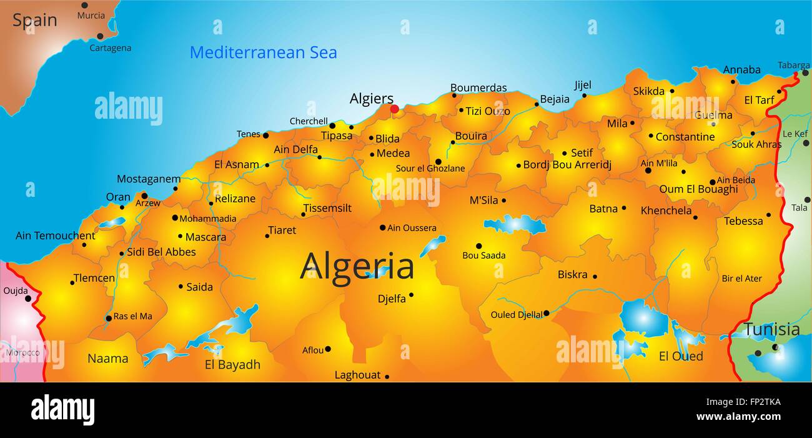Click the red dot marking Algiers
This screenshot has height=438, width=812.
coord(394,109)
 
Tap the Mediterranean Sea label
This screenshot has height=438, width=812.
coord(263,52)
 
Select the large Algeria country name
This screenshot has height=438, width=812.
coord(357,267)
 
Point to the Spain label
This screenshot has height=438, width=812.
coord(34,20)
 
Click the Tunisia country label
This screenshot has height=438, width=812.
coord(772,329)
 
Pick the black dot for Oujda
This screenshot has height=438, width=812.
coord(28,299)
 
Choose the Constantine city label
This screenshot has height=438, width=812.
coord(685,137)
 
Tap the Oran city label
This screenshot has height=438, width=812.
coord(118,197)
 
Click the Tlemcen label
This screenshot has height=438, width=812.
coord(94,278)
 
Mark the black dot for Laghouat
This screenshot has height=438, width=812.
coord(387,376)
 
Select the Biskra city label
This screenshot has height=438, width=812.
coord(572,274)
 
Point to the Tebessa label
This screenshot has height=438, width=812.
coord(743,221)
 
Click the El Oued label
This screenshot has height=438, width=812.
coord(681,356)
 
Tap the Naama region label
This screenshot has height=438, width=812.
coord(107,359)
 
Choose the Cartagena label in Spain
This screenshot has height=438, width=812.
coord(110,48)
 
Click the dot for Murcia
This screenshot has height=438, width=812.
coord(84,5)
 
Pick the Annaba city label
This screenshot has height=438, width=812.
coord(741,70)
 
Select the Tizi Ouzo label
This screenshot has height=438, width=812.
coord(488,111)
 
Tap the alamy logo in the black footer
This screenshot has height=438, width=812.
coord(62,410)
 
